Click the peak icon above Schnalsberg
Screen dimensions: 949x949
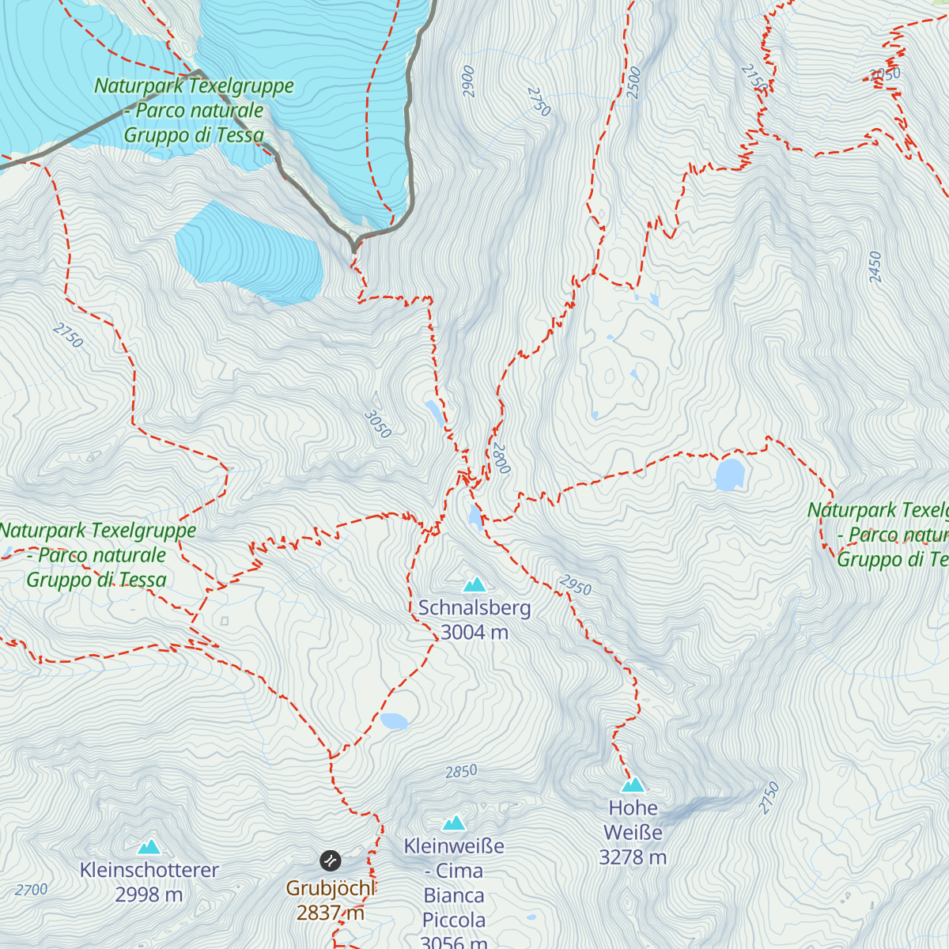[475, 584]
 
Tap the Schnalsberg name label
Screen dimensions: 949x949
[475, 608]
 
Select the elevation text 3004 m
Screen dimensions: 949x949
[475, 632]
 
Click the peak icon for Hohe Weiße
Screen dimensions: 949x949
[633, 785]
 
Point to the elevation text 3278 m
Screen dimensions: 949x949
[633, 857]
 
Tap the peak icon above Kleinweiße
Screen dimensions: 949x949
[454, 823]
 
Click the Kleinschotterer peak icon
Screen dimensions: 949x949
[149, 847]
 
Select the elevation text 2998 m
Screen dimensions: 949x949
[149, 894]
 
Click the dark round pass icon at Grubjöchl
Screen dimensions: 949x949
[330, 860]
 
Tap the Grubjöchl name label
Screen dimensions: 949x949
[330, 888]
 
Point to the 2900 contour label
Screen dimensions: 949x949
[468, 81]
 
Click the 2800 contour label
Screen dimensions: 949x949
[501, 459]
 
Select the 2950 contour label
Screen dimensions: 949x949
[575, 586]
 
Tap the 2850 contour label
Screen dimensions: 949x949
[461, 771]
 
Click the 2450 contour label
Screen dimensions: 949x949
[874, 267]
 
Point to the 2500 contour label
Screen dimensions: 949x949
[633, 83]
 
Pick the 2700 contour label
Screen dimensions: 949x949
[32, 890]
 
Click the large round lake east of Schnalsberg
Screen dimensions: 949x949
[729, 475]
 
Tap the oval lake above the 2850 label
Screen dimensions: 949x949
[394, 720]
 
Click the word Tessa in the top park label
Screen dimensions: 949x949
[240, 135]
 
